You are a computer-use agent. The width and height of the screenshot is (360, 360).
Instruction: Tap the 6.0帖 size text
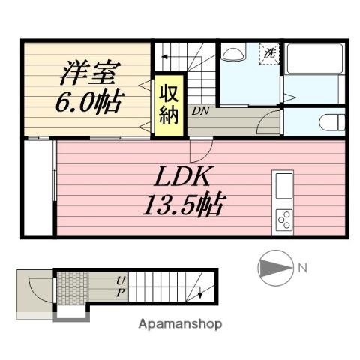click(88, 102)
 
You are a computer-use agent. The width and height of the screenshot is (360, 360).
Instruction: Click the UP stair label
click(120, 286)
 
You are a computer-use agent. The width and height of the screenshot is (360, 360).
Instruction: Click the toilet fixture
click(329, 121)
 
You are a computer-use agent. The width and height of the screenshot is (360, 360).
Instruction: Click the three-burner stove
click(284, 219)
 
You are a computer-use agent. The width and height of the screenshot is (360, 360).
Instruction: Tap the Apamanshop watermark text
click(179, 325)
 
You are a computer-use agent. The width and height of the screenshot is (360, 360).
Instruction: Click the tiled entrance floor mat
click(73, 286)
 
